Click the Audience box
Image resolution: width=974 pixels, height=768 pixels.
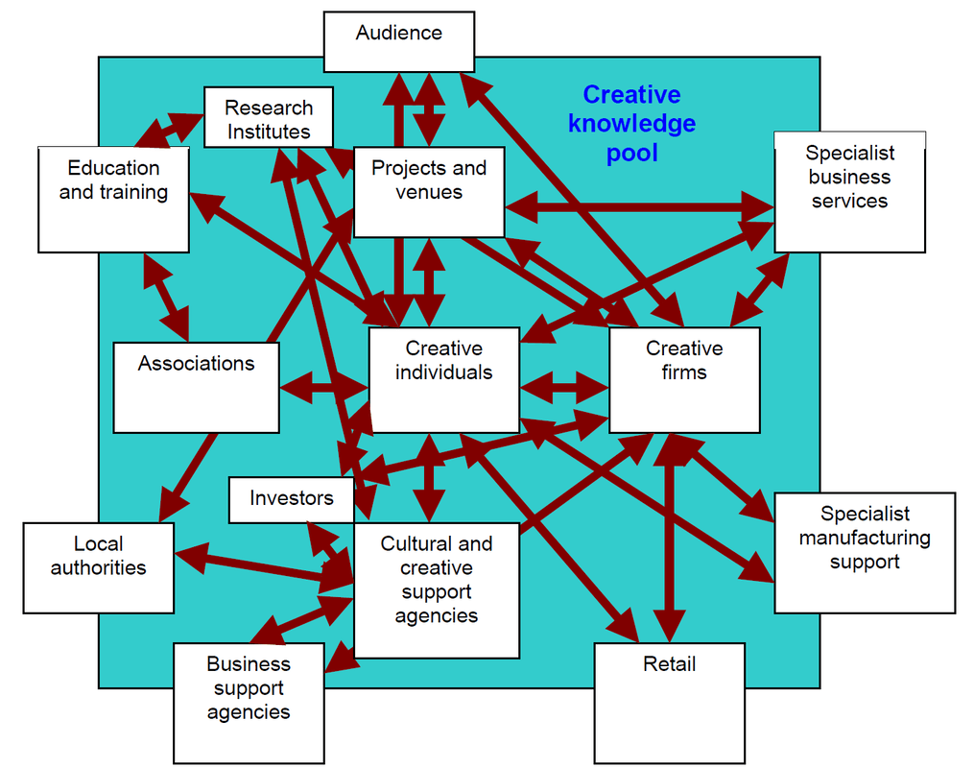(x=398, y=41)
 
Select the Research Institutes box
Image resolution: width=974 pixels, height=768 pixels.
(x=269, y=118)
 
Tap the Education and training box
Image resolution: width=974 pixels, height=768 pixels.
(x=113, y=199)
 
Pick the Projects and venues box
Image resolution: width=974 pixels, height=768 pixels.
(x=429, y=191)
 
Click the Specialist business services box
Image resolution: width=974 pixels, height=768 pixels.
(x=849, y=192)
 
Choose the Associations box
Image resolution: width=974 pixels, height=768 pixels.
(x=196, y=387)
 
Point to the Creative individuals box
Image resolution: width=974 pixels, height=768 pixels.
(x=443, y=379)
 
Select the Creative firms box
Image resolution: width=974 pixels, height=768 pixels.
(x=684, y=379)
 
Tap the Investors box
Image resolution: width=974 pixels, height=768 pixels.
(x=291, y=499)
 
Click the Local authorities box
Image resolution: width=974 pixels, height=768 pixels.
(x=98, y=567)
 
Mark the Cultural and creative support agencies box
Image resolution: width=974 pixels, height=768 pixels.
(x=437, y=589)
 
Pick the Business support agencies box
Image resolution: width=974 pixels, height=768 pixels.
(x=249, y=703)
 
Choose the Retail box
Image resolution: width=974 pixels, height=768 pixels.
(x=669, y=703)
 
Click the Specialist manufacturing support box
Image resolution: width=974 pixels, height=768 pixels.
(x=864, y=552)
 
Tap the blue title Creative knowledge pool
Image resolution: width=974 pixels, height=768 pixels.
(x=631, y=123)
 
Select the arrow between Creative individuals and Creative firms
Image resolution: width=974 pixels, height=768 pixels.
(x=564, y=388)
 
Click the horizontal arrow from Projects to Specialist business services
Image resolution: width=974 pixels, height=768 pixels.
(x=639, y=206)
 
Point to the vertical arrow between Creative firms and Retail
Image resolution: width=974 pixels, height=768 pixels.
(x=669, y=538)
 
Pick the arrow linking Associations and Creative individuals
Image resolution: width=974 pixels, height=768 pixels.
(x=324, y=388)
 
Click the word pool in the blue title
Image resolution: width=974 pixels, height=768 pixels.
(x=631, y=153)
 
